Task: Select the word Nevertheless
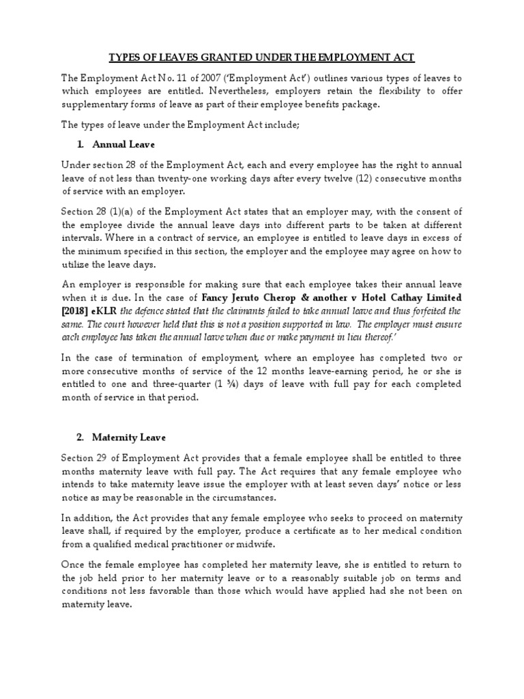[256, 92]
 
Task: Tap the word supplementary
[96, 105]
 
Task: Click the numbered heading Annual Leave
[123, 144]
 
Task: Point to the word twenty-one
[202, 177]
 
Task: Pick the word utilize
[78, 264]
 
